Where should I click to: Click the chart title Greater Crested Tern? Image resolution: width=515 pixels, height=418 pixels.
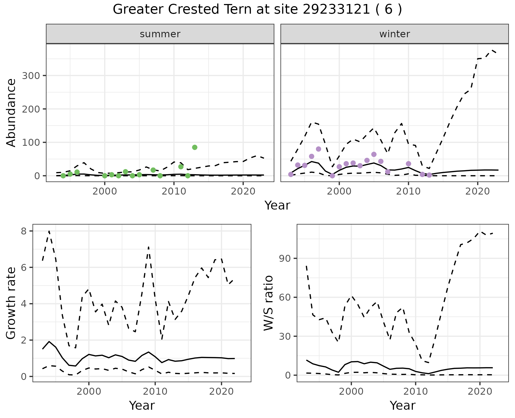click(x=257, y=10)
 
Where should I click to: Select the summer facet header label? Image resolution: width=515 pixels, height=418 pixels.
click(x=160, y=34)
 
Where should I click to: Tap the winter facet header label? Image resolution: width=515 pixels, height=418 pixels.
click(x=395, y=34)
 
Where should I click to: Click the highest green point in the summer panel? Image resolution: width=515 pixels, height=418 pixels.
click(x=195, y=147)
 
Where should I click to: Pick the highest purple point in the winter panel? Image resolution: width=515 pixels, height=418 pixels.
click(x=318, y=149)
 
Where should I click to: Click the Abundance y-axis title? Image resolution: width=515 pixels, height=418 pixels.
click(x=11, y=113)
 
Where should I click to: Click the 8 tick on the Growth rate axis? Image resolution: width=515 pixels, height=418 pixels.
click(x=24, y=231)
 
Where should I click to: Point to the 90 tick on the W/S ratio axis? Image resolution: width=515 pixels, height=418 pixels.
click(x=285, y=258)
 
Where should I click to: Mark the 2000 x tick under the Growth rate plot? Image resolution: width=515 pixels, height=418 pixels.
click(x=89, y=391)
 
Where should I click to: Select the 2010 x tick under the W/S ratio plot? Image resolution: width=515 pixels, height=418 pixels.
click(x=415, y=391)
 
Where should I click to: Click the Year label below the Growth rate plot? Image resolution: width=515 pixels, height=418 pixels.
click(x=142, y=406)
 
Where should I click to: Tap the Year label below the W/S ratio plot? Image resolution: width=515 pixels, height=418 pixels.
click(x=403, y=406)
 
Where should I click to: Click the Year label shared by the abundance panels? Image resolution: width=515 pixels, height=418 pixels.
click(x=277, y=206)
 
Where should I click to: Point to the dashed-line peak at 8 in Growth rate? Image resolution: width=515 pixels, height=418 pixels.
click(x=49, y=231)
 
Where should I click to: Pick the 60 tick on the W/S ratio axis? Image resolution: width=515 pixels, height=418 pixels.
click(x=285, y=297)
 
